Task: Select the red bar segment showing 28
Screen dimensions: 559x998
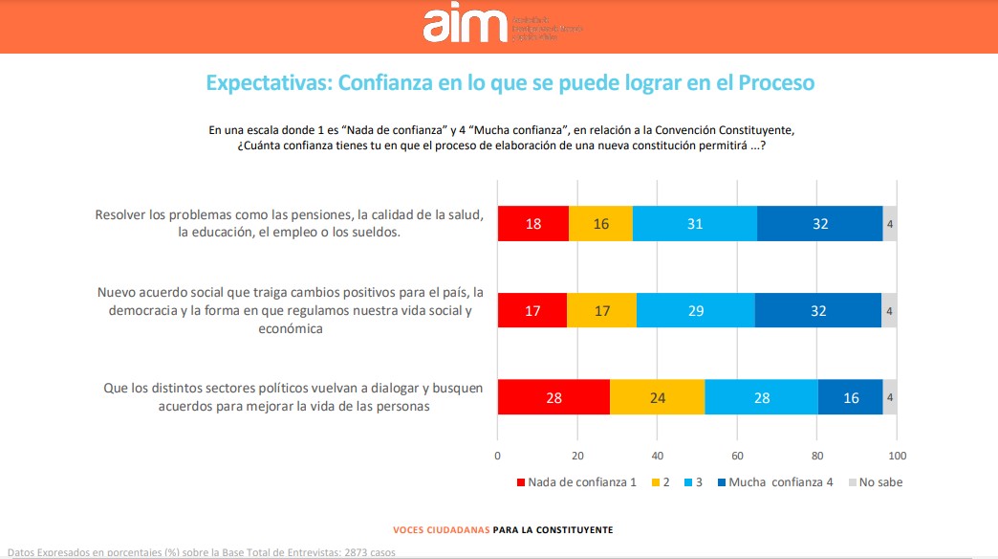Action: (x=553, y=397)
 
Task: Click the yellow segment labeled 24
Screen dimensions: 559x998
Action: (x=657, y=397)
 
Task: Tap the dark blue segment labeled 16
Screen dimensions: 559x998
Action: (x=850, y=397)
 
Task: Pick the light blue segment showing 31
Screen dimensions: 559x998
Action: (x=695, y=224)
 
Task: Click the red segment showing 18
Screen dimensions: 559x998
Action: (x=533, y=224)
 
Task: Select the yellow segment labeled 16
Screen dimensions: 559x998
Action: (x=600, y=224)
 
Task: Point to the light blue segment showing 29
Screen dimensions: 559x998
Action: (x=695, y=311)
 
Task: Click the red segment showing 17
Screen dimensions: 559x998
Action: (x=532, y=311)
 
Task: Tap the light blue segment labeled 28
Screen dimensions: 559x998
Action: (x=761, y=397)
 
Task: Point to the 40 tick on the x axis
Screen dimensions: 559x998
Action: (x=658, y=455)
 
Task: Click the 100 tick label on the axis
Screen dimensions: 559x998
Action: (x=897, y=455)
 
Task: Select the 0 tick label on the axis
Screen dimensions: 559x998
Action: (x=498, y=455)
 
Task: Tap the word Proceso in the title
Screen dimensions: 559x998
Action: (x=775, y=83)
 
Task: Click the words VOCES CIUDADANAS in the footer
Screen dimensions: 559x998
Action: (x=440, y=529)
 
